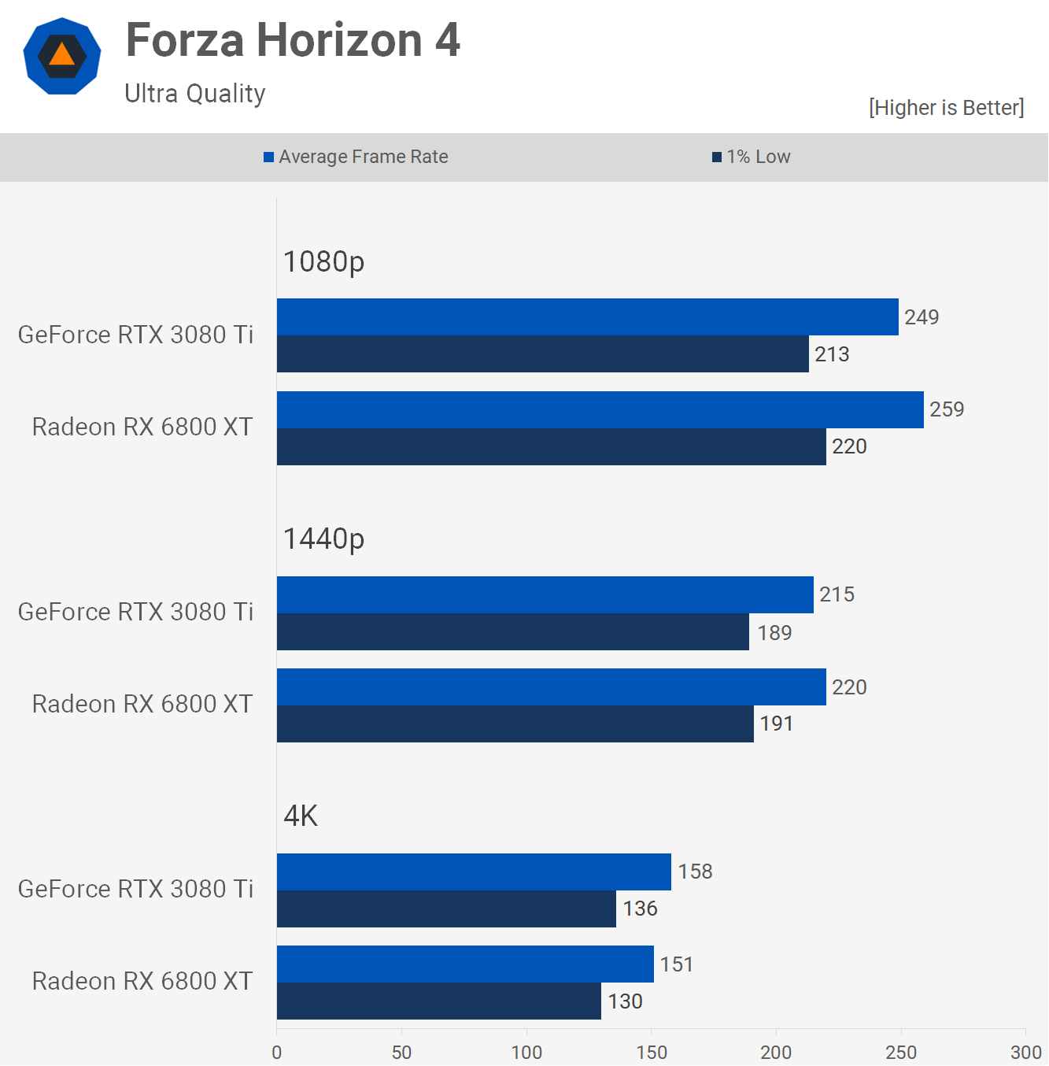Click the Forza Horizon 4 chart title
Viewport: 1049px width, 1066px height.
(x=293, y=40)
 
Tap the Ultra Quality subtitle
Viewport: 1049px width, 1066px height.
(x=195, y=94)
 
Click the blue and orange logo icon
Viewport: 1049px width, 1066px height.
(x=62, y=56)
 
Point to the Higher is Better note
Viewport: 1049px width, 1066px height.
(x=946, y=107)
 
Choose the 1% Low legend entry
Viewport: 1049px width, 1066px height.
(x=752, y=157)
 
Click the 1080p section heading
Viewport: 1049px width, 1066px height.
(x=323, y=261)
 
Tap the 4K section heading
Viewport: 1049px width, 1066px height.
(x=301, y=816)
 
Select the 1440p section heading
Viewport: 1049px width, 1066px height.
(x=323, y=539)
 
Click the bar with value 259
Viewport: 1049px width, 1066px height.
(x=600, y=409)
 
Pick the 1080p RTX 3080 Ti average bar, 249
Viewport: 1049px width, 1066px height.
(x=587, y=316)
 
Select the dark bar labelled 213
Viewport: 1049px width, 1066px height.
(x=542, y=354)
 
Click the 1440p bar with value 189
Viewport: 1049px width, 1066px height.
(x=512, y=632)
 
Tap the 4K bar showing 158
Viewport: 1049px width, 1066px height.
(x=474, y=872)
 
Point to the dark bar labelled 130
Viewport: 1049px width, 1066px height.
(x=438, y=1001)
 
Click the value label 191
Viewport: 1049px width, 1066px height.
(x=776, y=724)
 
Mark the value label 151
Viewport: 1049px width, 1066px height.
(x=677, y=964)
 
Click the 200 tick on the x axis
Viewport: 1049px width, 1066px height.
(x=776, y=1052)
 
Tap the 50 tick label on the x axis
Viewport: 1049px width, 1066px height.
(x=401, y=1052)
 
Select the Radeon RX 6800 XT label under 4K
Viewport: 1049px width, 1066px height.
(x=142, y=981)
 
